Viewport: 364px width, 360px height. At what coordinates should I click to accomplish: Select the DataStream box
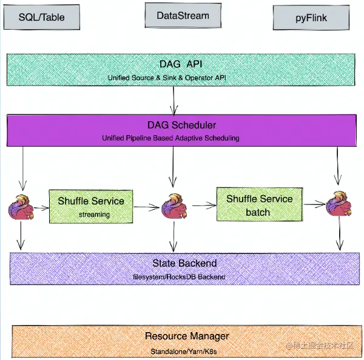coord(183,16)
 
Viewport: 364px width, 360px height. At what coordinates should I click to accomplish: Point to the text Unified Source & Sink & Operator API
coord(174,78)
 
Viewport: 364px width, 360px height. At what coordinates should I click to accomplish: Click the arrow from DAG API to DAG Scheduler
coord(174,100)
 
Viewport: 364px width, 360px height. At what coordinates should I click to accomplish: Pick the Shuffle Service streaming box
coord(91,206)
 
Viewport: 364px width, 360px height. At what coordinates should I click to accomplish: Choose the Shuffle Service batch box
coord(258,205)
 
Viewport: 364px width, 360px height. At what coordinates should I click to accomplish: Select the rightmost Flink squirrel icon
coord(337,207)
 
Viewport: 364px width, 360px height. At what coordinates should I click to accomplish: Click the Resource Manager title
coord(187,336)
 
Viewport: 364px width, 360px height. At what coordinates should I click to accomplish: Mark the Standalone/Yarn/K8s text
coord(187,350)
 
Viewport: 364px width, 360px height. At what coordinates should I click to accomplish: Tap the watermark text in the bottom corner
coord(328,345)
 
